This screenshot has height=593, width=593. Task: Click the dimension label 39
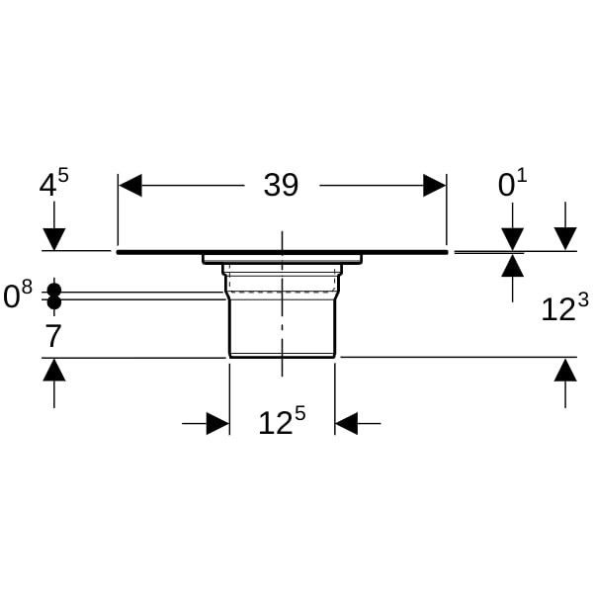pyautogui.click(x=281, y=185)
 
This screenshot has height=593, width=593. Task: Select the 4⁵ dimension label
pyautogui.click(x=54, y=183)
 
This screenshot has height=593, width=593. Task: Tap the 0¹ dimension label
pyautogui.click(x=512, y=183)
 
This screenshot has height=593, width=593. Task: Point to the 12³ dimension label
pyautogui.click(x=565, y=307)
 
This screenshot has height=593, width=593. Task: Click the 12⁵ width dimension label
pyautogui.click(x=282, y=420)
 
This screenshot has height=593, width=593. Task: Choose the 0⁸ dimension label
pyautogui.click(x=18, y=295)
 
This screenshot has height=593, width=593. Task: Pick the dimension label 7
pyautogui.click(x=53, y=336)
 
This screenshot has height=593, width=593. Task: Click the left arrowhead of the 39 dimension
pyautogui.click(x=130, y=186)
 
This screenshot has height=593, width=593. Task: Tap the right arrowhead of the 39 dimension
pyautogui.click(x=434, y=186)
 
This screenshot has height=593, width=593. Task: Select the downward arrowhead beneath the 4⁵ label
pyautogui.click(x=54, y=239)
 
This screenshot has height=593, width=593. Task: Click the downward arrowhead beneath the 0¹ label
pyautogui.click(x=512, y=239)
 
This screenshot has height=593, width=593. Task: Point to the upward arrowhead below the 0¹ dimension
pyautogui.click(x=512, y=266)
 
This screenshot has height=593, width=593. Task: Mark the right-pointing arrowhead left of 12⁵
pyautogui.click(x=217, y=424)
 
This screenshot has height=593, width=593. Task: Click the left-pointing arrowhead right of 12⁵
pyautogui.click(x=347, y=424)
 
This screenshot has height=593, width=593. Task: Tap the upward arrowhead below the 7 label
pyautogui.click(x=54, y=370)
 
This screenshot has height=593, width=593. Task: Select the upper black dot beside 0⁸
pyautogui.click(x=54, y=291)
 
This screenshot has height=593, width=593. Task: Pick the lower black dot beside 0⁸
pyautogui.click(x=54, y=302)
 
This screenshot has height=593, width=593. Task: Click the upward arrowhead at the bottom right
pyautogui.click(x=565, y=370)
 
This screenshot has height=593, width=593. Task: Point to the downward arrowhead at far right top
pyautogui.click(x=565, y=239)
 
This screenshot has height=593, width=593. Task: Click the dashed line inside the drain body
pyautogui.click(x=282, y=292)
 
